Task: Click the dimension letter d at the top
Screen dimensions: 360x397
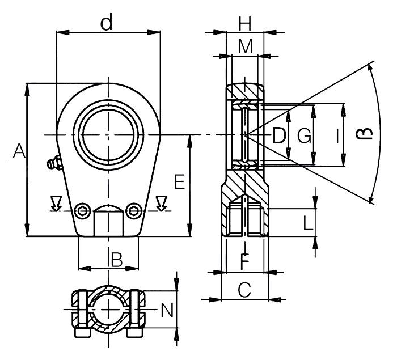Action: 106,23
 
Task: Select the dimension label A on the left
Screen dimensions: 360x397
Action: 19,152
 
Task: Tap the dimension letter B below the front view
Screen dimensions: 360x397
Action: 116,260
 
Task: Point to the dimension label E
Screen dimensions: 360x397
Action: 179,181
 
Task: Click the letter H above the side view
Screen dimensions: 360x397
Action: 245,24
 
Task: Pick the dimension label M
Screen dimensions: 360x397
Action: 245,48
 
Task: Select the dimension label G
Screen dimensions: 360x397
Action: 305,136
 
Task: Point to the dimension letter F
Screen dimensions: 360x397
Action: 244,262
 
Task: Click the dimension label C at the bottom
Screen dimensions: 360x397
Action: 244,291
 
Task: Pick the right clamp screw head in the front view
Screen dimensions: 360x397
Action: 133,210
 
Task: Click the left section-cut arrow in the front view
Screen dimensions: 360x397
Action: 56,202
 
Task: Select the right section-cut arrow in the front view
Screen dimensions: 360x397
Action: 162,202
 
